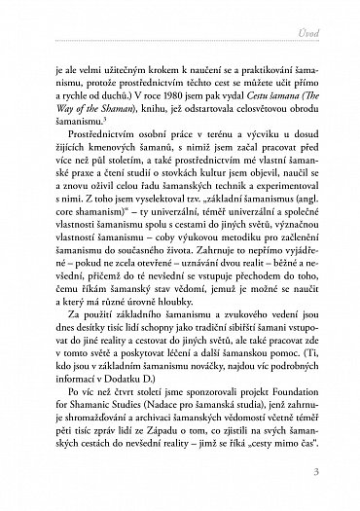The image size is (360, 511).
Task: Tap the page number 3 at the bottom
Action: coord(331,474)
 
